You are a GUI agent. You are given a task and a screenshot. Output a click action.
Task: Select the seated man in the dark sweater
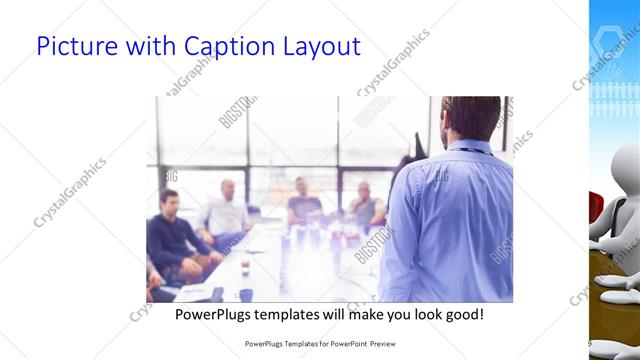(x=173, y=235)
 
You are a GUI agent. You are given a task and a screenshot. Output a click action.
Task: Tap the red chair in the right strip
(x=595, y=210)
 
